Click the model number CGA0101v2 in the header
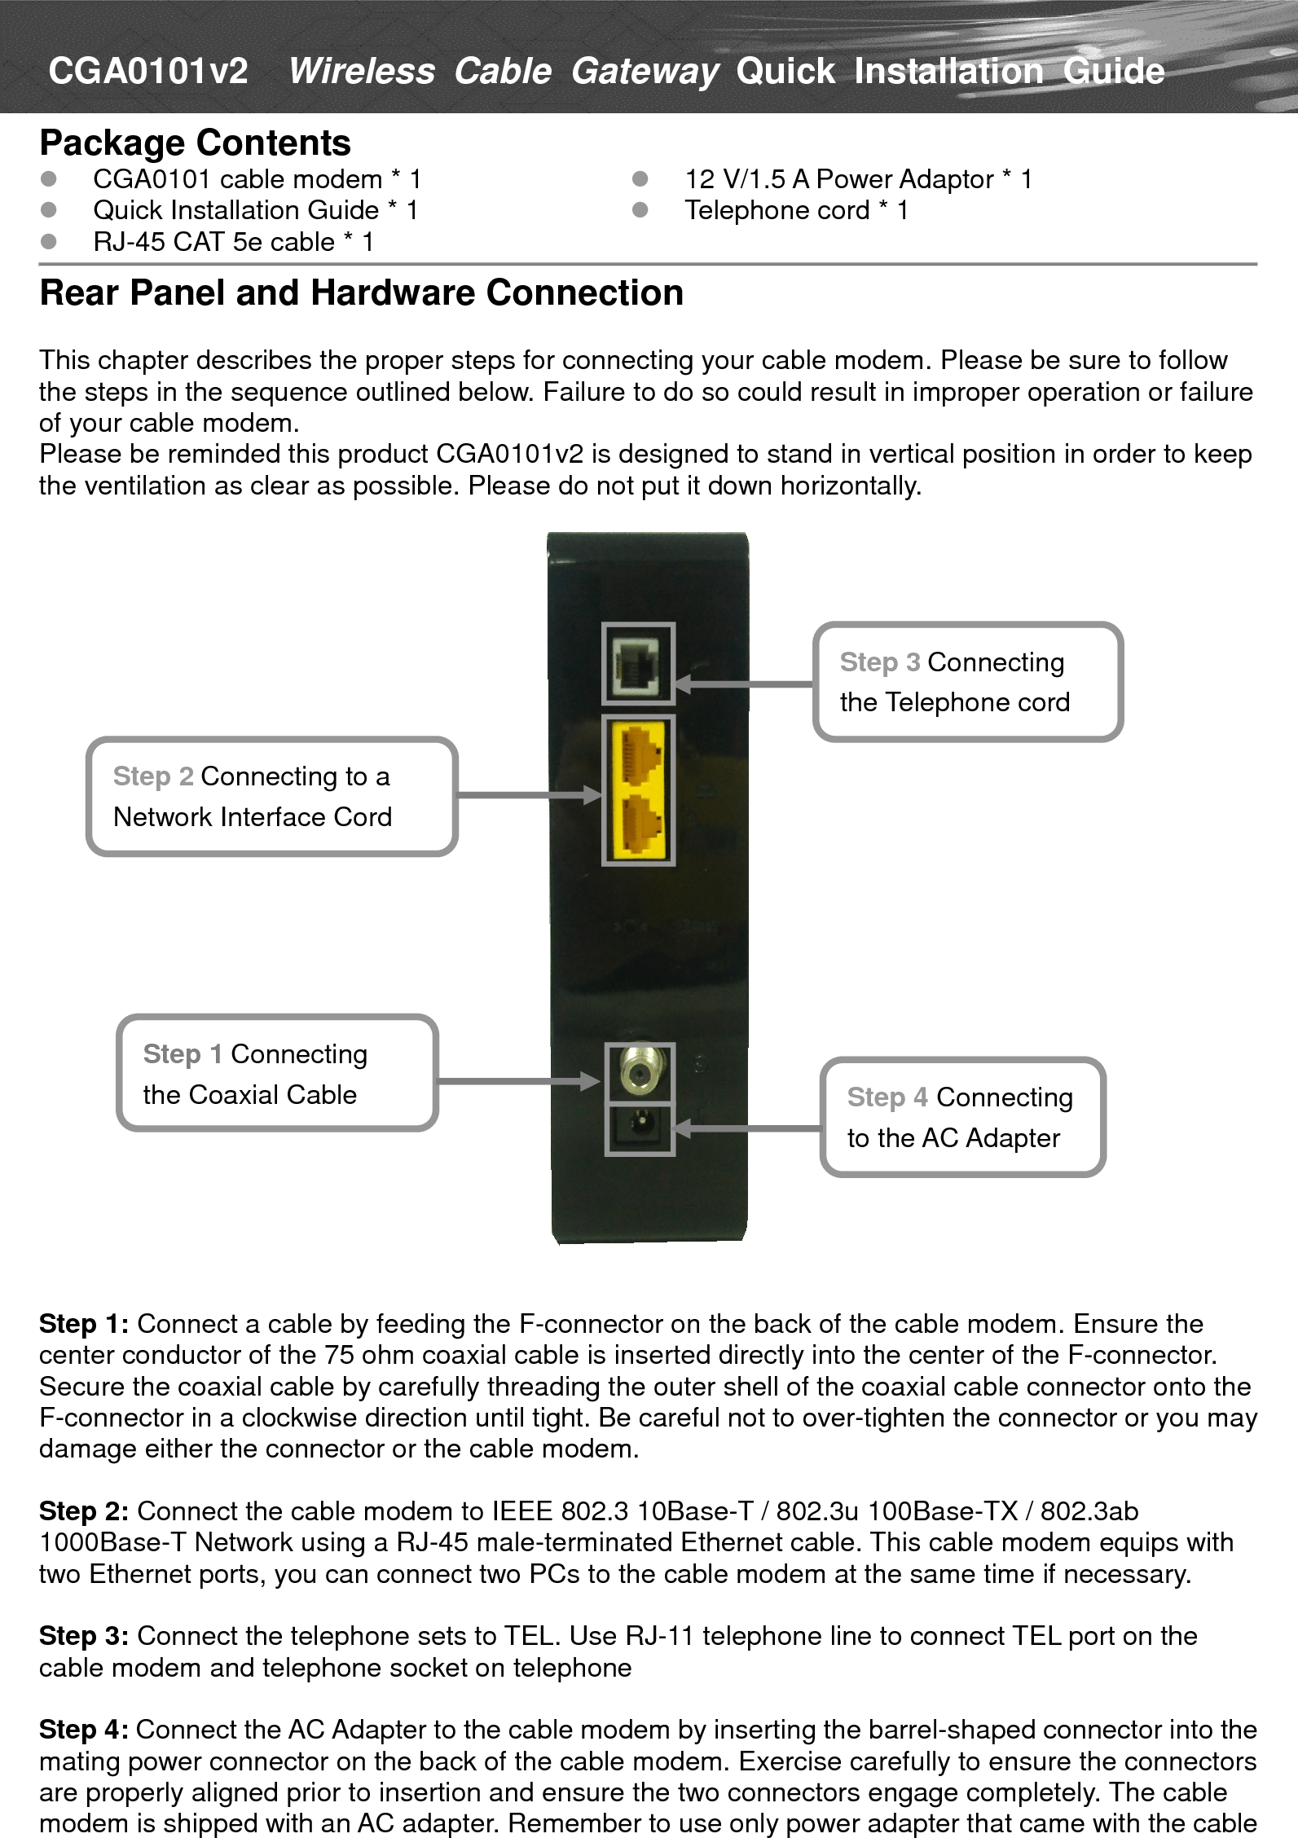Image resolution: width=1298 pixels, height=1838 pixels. point(147,71)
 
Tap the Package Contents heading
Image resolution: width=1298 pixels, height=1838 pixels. point(195,143)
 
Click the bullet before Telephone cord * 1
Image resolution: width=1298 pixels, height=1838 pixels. point(640,210)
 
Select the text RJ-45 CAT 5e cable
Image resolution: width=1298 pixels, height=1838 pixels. point(213,242)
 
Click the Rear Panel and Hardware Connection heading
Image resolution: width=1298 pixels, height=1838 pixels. point(361,292)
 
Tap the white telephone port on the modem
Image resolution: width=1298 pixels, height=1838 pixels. point(638,663)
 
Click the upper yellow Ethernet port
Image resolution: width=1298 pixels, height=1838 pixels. point(639,754)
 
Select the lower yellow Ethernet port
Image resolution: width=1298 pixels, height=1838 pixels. point(639,824)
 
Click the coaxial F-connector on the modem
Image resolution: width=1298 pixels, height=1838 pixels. point(640,1072)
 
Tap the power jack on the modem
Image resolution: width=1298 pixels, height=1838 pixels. point(640,1129)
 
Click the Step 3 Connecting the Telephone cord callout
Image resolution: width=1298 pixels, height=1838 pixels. point(967,682)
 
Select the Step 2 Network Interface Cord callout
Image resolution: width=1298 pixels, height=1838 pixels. point(271,796)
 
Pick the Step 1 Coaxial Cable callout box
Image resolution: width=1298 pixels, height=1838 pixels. point(277,1073)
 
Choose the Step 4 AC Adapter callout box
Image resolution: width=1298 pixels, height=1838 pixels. point(961,1117)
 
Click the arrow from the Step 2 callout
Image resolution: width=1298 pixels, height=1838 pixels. point(530,795)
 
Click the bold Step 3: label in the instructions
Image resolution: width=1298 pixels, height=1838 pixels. point(83,1635)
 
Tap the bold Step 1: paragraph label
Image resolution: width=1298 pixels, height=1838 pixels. point(83,1324)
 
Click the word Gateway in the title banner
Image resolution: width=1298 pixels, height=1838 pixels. point(644,71)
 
